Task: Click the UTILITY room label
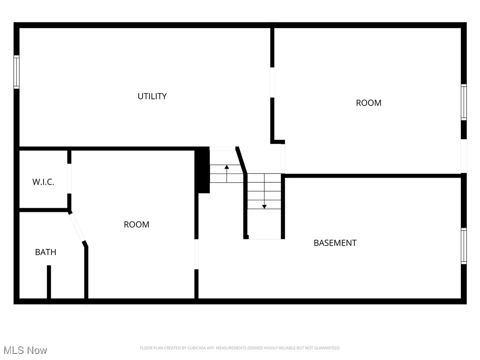click(x=152, y=96)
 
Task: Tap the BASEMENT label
click(x=335, y=243)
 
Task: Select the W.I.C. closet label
click(x=43, y=182)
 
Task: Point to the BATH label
click(x=45, y=252)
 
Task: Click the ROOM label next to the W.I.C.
click(x=136, y=225)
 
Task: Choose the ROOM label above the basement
click(x=368, y=103)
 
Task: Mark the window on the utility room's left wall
click(x=16, y=72)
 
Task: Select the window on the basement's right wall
click(x=464, y=246)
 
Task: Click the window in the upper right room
click(x=464, y=102)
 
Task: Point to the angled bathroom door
click(x=77, y=227)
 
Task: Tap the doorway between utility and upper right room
click(x=272, y=82)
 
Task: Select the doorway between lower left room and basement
click(x=196, y=254)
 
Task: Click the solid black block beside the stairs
click(x=202, y=170)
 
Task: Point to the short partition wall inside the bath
click(x=49, y=281)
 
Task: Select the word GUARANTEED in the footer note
click(x=326, y=348)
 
